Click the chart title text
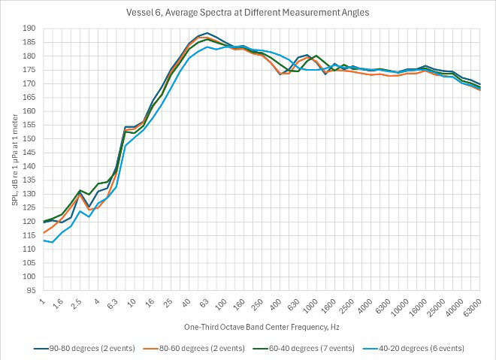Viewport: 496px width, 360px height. (248, 12)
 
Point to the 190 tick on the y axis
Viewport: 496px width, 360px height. (30, 29)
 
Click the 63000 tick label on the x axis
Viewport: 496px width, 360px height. (470, 308)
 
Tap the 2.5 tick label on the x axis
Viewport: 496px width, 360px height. (77, 304)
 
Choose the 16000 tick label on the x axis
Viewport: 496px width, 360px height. (416, 308)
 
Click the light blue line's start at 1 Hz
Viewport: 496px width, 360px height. (44, 241)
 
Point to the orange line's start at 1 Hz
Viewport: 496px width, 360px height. (44, 232)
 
